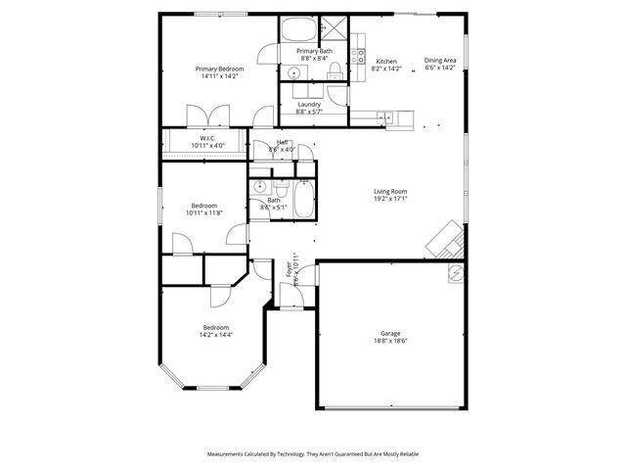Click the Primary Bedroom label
[x=219, y=69]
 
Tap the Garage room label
[x=389, y=334]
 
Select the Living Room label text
[x=390, y=191]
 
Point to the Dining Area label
[x=440, y=61]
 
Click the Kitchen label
[x=386, y=62]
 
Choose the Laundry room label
[x=309, y=104]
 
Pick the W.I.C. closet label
[x=207, y=138]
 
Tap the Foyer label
[x=289, y=268]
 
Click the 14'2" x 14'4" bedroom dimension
[x=215, y=334]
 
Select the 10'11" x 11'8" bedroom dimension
[x=203, y=212]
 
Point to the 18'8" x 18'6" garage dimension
[x=389, y=342]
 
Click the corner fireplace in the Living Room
[x=448, y=237]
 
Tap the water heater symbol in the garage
[x=455, y=273]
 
